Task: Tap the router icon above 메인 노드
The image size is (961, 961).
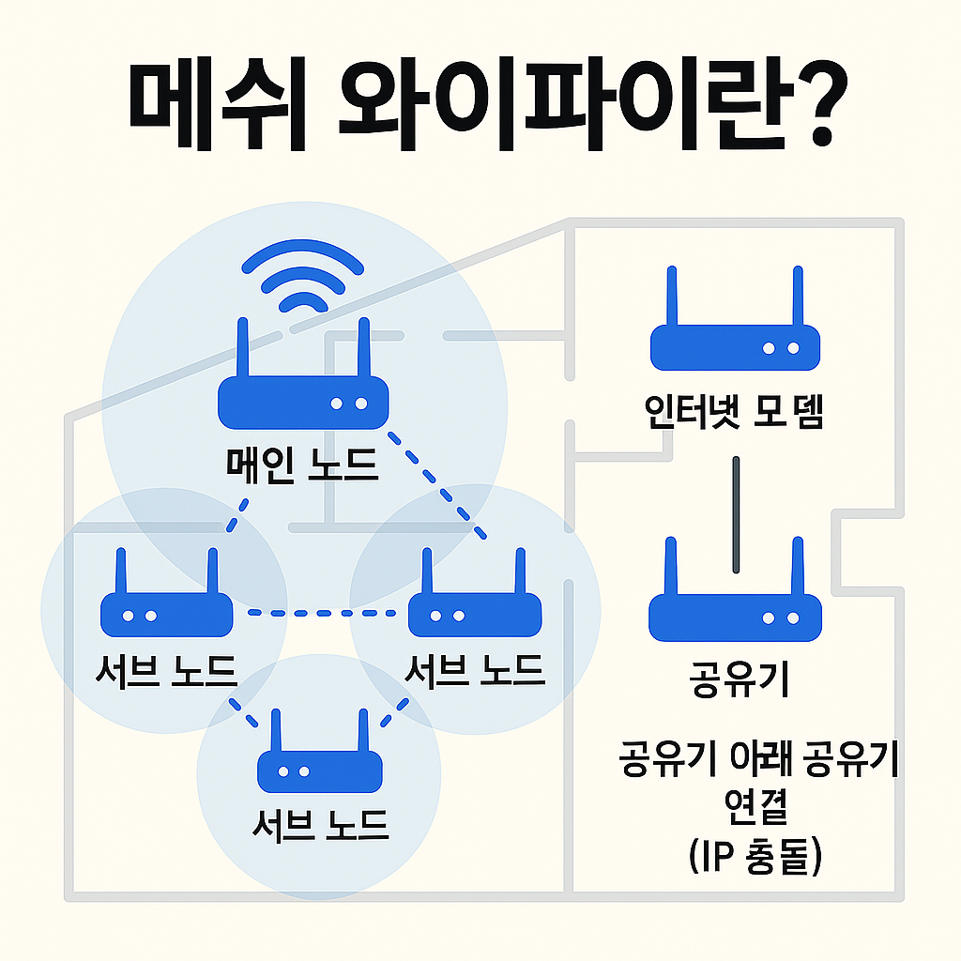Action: coord(302,385)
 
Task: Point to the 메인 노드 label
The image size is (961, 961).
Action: coord(302,463)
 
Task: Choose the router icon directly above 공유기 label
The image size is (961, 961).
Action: coord(735,601)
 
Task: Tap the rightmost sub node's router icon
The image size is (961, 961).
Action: coord(473,601)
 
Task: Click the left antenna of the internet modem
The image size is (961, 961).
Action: coord(672,297)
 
